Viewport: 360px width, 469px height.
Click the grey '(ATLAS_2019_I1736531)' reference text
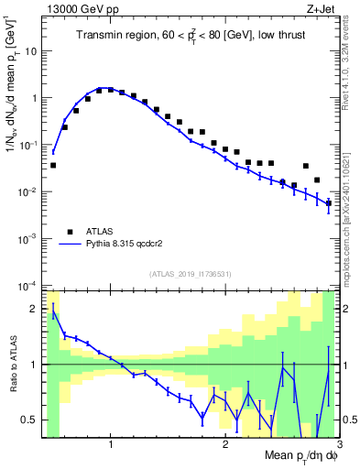click(190, 274)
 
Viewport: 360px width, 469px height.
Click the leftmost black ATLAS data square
click(53, 166)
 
